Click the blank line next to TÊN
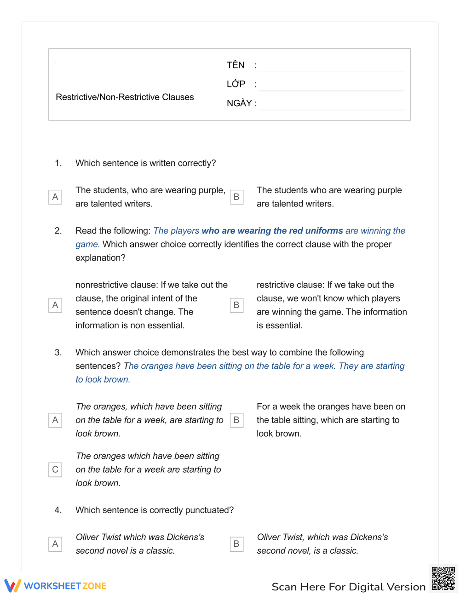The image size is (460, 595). click(331, 66)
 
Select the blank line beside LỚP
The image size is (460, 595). click(331, 85)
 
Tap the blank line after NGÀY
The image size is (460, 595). click(331, 104)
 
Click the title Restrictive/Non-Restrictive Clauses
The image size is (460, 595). click(125, 97)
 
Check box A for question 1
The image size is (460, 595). click(55, 197)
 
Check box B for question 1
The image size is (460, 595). click(236, 197)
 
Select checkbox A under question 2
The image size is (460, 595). click(55, 305)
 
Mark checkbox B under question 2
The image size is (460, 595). click(236, 305)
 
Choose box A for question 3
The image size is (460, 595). click(55, 420)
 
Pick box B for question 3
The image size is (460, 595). click(236, 420)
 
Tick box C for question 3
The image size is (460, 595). click(55, 469)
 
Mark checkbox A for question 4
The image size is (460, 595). click(55, 544)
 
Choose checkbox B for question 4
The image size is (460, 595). click(236, 544)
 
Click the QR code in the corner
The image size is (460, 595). click(443, 578)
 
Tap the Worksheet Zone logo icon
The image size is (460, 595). click(12, 585)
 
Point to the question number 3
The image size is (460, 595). click(58, 353)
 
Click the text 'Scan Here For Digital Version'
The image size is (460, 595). click(348, 587)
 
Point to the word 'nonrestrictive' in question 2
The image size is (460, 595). click(102, 285)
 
